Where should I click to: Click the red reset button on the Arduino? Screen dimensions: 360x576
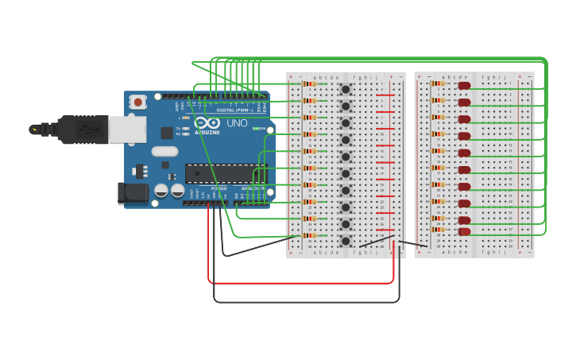pyautogui.click(x=138, y=102)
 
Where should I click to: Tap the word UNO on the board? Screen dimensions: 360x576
pyautogui.click(x=237, y=124)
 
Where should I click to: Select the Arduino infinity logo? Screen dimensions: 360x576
pyautogui.click(x=207, y=123)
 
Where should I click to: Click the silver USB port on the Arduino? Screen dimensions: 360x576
pyautogui.click(x=127, y=129)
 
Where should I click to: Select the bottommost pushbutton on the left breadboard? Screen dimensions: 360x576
pyautogui.click(x=346, y=240)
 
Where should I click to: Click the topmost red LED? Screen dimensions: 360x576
pyautogui.click(x=464, y=85)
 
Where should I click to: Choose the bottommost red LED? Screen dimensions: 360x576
pyautogui.click(x=464, y=231)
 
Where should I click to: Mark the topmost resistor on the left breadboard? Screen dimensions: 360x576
pyautogui.click(x=310, y=83)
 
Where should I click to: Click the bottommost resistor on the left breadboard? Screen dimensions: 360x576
pyautogui.click(x=310, y=235)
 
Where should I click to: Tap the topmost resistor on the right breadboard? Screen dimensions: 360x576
pyautogui.click(x=438, y=83)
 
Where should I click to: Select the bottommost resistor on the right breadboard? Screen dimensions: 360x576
pyautogui.click(x=438, y=230)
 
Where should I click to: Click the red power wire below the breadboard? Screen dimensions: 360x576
pyautogui.click(x=302, y=282)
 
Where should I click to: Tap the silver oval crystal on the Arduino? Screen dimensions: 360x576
pyautogui.click(x=164, y=151)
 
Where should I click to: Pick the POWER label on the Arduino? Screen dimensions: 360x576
pyautogui.click(x=218, y=188)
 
